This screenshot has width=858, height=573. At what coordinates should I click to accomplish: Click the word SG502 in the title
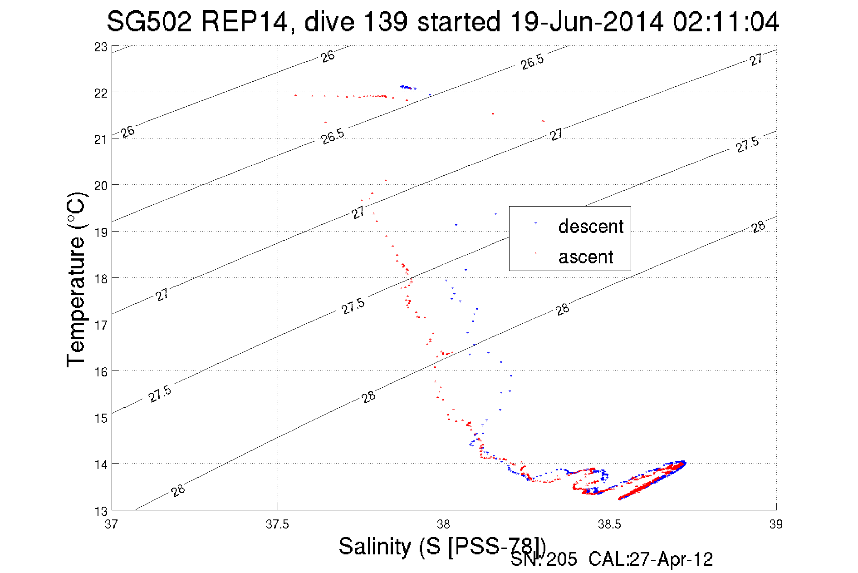pyautogui.click(x=149, y=22)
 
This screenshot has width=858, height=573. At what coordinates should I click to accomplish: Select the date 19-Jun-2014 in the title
pyautogui.click(x=585, y=22)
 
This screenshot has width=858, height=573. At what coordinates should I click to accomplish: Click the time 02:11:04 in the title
pyautogui.click(x=726, y=22)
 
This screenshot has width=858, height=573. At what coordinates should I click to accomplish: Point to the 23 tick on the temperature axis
pyautogui.click(x=101, y=47)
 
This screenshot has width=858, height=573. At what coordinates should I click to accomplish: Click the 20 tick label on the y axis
pyautogui.click(x=101, y=186)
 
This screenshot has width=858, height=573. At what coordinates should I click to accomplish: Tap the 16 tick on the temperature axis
pyautogui.click(x=101, y=372)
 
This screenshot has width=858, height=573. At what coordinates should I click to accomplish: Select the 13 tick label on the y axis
pyautogui.click(x=101, y=511)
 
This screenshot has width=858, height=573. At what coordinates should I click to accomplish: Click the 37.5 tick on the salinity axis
pyautogui.click(x=278, y=524)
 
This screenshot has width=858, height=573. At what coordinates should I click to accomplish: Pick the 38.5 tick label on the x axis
pyautogui.click(x=610, y=524)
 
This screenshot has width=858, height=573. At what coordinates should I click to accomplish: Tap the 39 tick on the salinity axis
pyautogui.click(x=776, y=524)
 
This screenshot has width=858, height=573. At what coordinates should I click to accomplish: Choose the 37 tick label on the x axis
pyautogui.click(x=112, y=524)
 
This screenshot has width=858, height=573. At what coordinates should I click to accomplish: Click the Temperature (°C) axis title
pyautogui.click(x=76, y=280)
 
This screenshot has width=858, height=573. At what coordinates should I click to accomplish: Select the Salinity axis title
pyautogui.click(x=442, y=547)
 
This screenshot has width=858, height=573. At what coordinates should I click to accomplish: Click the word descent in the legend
pyautogui.click(x=591, y=226)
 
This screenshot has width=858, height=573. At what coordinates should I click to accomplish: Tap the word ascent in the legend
pyautogui.click(x=586, y=257)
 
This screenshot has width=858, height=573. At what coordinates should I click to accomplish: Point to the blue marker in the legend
pyautogui.click(x=535, y=223)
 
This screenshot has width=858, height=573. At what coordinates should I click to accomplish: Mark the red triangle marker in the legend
pyautogui.click(x=535, y=253)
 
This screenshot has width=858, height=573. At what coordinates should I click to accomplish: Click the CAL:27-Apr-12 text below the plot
pyautogui.click(x=651, y=559)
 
